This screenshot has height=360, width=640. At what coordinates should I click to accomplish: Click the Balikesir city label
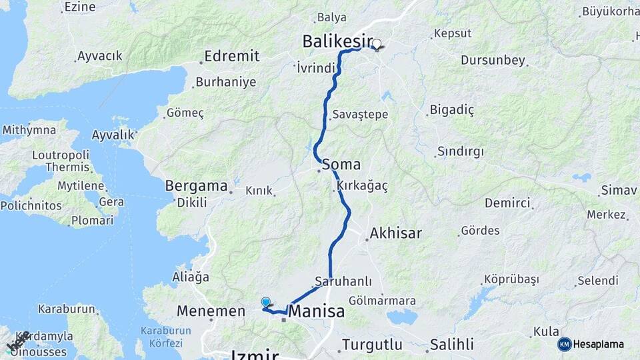coord(337,41)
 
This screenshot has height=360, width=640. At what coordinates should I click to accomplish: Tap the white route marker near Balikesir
coord(377,45)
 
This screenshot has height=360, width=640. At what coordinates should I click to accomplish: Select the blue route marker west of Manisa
coord(266,302)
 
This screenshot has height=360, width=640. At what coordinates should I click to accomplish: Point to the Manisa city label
coord(317,311)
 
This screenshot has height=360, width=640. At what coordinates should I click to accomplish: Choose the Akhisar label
coord(395,233)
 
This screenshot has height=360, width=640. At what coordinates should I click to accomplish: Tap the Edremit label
coord(231,56)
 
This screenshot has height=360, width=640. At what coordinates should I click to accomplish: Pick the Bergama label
coord(196,185)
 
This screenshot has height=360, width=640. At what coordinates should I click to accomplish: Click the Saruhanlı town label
coord(343,281)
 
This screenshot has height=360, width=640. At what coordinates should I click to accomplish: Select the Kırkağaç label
coord(362,185)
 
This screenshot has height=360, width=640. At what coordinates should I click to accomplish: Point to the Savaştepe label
coord(360,115)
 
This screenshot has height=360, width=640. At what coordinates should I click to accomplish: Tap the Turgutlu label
coord(372,345)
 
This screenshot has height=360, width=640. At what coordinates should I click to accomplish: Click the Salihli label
coord(451,345)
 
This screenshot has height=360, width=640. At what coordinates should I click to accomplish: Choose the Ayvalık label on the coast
coord(113,135)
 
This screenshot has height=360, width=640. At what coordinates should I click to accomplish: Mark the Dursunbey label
coord(493,61)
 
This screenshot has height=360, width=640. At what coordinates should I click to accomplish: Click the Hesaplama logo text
coord(599,345)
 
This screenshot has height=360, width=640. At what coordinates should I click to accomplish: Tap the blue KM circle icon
coord(565,345)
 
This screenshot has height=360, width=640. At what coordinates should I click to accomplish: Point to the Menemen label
coord(211,311)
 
